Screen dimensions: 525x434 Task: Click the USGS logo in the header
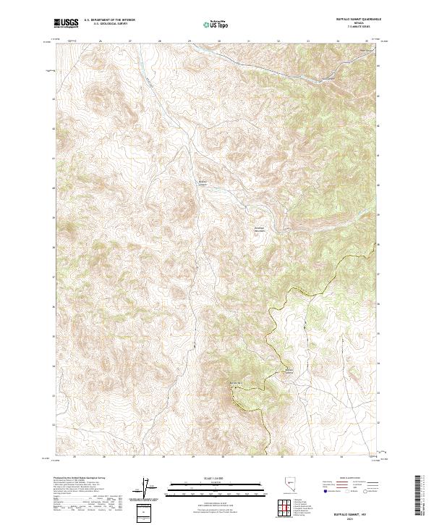tap(66, 24)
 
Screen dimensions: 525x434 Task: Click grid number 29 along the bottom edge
tap(193, 457)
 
